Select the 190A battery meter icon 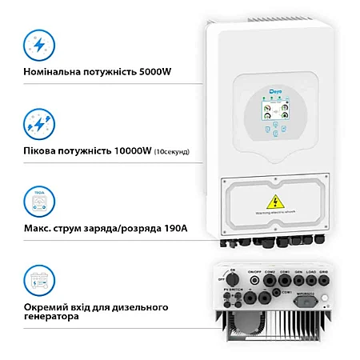(34, 200)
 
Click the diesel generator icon (34, 282)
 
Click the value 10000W (128, 150)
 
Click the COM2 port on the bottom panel (270, 281)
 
